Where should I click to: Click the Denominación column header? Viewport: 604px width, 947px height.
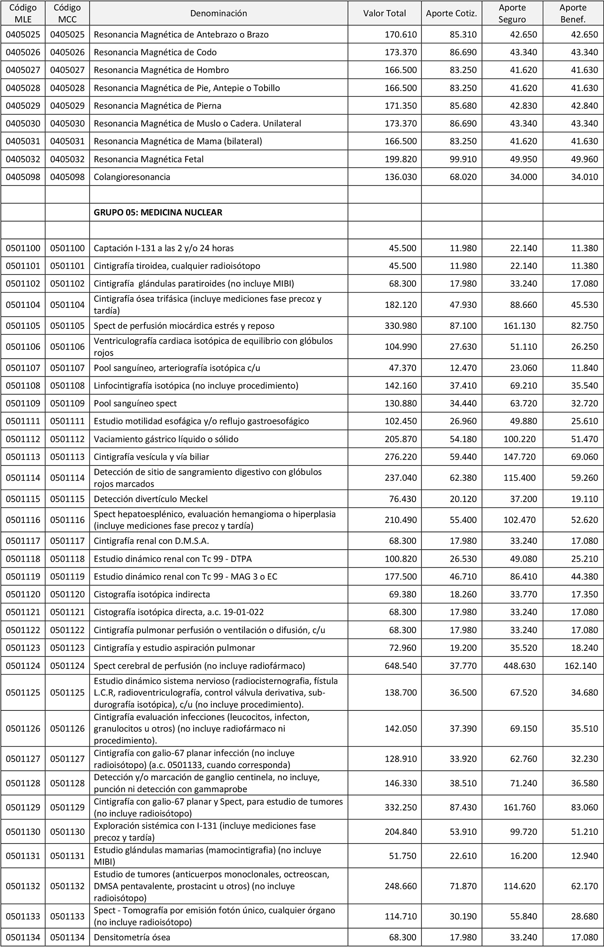click(x=219, y=13)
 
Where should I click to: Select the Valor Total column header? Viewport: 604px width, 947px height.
click(x=385, y=13)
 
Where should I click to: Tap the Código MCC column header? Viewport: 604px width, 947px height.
click(x=67, y=13)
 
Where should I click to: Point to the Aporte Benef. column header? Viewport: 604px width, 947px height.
click(x=573, y=13)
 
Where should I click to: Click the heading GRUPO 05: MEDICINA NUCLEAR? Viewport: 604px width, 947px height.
click(x=158, y=212)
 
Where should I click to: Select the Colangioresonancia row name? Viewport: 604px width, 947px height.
click(x=132, y=177)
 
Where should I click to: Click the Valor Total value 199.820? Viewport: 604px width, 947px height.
click(x=401, y=159)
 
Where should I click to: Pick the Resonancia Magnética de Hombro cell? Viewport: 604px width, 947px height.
click(x=161, y=70)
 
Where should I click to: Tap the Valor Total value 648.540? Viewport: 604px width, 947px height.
click(x=401, y=665)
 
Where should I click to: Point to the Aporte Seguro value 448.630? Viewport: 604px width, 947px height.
click(x=519, y=665)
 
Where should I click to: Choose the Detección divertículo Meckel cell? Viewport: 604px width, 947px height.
click(x=151, y=499)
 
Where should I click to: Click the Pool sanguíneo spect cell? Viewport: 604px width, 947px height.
click(x=135, y=403)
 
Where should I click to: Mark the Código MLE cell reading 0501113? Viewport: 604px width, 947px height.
click(x=23, y=457)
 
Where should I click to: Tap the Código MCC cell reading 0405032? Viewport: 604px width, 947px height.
click(x=67, y=159)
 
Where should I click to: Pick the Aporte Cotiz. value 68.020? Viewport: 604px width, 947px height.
click(x=463, y=177)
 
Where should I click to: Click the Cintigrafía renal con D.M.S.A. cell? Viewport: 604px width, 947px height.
click(x=151, y=541)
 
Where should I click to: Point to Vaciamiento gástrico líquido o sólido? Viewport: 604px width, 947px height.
click(x=166, y=439)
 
